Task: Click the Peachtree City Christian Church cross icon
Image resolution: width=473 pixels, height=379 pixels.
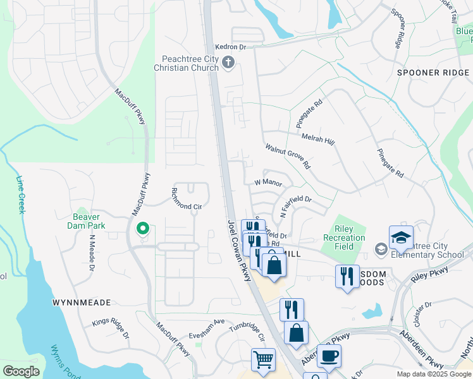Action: tap(229, 62)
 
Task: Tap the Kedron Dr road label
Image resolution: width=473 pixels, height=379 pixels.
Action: tap(230, 47)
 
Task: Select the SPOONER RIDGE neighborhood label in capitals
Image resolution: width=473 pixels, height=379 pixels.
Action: tap(433, 73)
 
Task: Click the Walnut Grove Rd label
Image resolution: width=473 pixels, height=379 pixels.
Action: tap(288, 156)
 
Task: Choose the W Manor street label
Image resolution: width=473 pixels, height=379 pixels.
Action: tap(267, 182)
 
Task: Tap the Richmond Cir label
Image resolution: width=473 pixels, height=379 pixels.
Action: tap(187, 207)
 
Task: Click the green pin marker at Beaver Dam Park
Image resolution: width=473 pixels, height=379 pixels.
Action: tap(143, 229)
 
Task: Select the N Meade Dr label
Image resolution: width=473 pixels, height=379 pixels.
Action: tap(92, 253)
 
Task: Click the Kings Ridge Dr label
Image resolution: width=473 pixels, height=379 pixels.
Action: tap(110, 328)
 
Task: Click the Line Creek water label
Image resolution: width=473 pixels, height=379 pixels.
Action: tap(20, 195)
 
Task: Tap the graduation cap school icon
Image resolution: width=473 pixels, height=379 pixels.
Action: tap(401, 238)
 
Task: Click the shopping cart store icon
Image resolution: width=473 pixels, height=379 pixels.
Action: tap(263, 359)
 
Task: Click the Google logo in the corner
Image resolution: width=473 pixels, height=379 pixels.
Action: tap(21, 371)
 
